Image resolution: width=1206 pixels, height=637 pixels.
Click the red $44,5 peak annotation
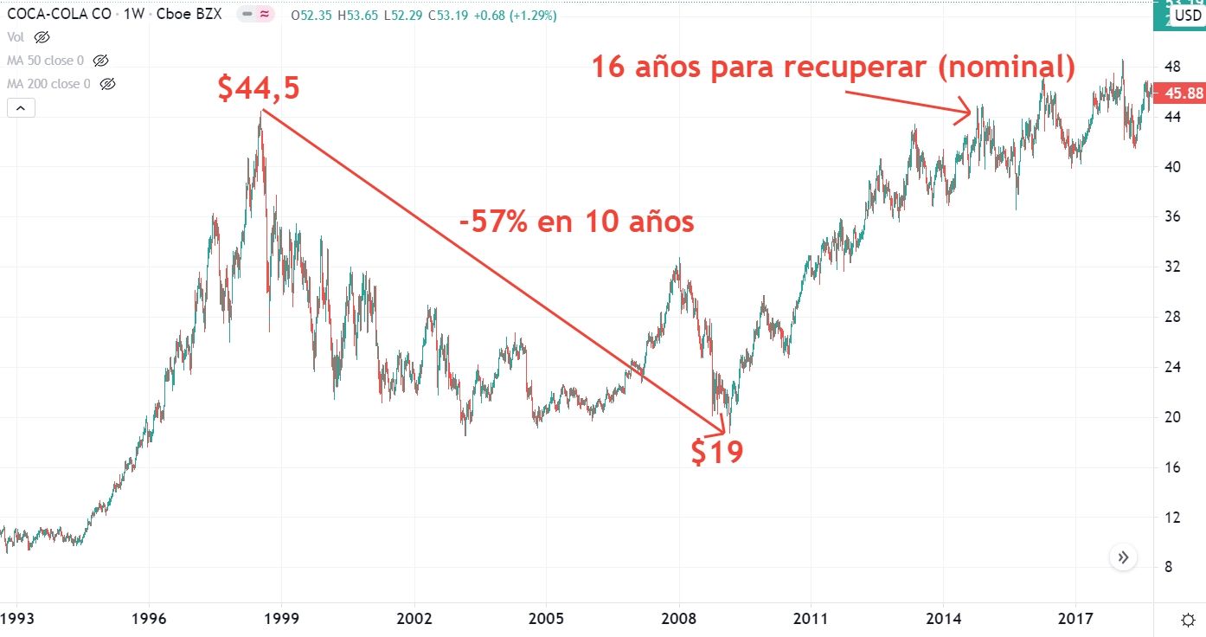click(x=259, y=87)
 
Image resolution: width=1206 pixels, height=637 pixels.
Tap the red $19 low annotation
click(x=717, y=451)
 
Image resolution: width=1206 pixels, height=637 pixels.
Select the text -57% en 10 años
click(x=577, y=222)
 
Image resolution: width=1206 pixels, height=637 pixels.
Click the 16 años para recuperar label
click(x=833, y=67)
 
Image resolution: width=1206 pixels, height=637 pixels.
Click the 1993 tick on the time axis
click(x=16, y=620)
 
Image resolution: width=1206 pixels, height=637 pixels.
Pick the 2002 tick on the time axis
click(x=414, y=620)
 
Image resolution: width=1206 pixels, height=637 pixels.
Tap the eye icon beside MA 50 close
click(x=100, y=61)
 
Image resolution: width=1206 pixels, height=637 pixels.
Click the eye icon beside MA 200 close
click(x=107, y=84)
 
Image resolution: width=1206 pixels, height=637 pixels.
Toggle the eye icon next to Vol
click(x=42, y=37)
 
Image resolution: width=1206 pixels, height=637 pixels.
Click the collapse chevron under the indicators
click(x=21, y=108)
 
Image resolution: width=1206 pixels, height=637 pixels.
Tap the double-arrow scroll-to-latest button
click(x=1123, y=557)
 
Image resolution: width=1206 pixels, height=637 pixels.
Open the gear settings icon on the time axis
click(x=1189, y=620)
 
